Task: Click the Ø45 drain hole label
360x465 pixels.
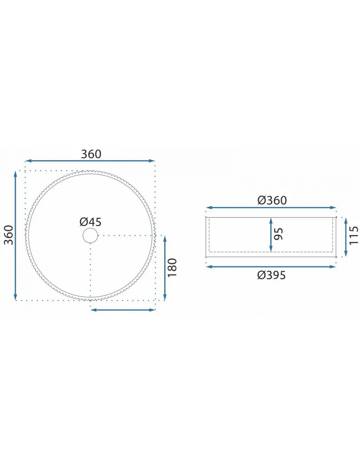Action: (x=90, y=222)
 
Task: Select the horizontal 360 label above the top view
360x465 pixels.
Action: (x=91, y=154)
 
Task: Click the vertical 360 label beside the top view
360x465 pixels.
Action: (x=9, y=235)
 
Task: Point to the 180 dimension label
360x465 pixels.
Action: (x=172, y=267)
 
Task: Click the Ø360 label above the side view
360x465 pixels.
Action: (x=272, y=200)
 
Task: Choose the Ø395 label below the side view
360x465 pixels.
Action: (x=271, y=275)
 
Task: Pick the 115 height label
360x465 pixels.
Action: (x=353, y=235)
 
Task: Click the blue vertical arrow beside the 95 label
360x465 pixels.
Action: (x=271, y=235)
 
